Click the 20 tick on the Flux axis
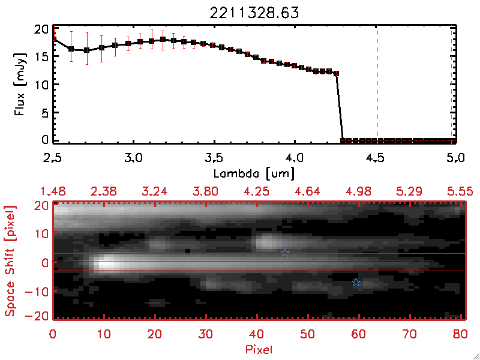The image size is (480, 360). pyautogui.click(x=41, y=29)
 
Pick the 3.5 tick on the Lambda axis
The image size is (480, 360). pyautogui.click(x=214, y=158)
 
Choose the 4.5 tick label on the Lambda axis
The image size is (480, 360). pyautogui.click(x=376, y=158)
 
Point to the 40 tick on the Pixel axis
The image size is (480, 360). pyautogui.click(x=257, y=333)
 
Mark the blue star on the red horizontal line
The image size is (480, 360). pyautogui.click(x=285, y=253)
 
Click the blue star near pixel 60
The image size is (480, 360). pyautogui.click(x=356, y=282)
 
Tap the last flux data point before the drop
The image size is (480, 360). pyautogui.click(x=337, y=73)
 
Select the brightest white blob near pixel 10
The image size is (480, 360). pyautogui.click(x=106, y=263)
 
